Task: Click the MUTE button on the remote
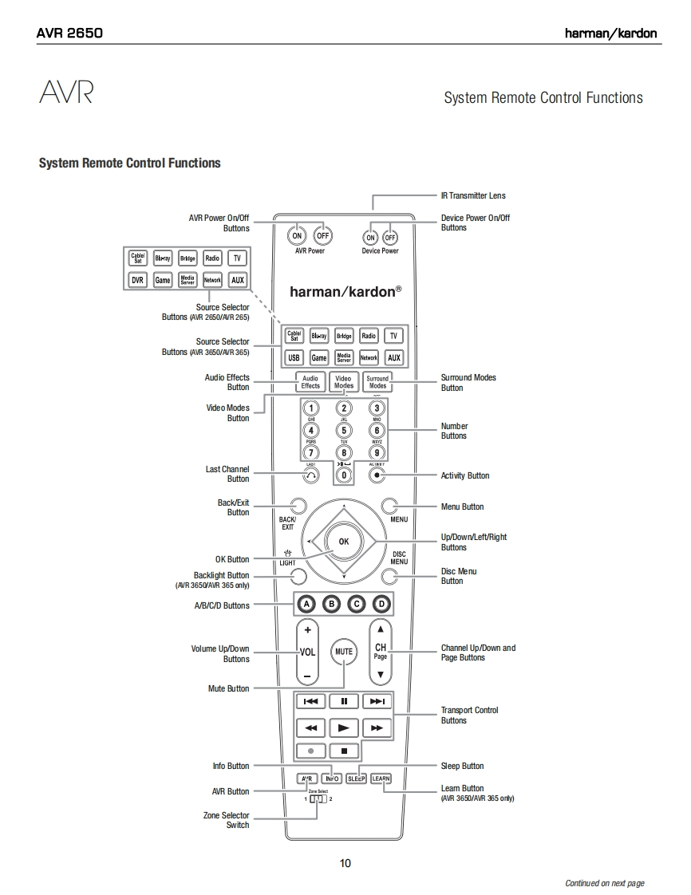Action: [x=343, y=652]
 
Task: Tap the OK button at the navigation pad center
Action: [x=343, y=542]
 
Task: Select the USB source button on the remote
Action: [x=294, y=358]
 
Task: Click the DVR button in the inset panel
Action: [x=137, y=280]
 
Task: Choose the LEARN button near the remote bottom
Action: [x=381, y=779]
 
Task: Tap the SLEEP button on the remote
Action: [x=356, y=779]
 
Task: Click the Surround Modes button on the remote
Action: [x=377, y=382]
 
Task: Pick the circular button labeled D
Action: [x=381, y=604]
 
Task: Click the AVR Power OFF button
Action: [x=322, y=236]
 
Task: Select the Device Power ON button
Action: [x=370, y=238]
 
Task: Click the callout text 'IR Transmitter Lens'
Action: [x=473, y=195]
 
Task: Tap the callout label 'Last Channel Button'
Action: [x=227, y=475]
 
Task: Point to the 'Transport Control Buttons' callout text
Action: [x=469, y=715]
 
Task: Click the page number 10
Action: [x=345, y=862]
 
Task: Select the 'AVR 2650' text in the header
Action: [x=69, y=34]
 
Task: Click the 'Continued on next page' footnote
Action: [x=604, y=883]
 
